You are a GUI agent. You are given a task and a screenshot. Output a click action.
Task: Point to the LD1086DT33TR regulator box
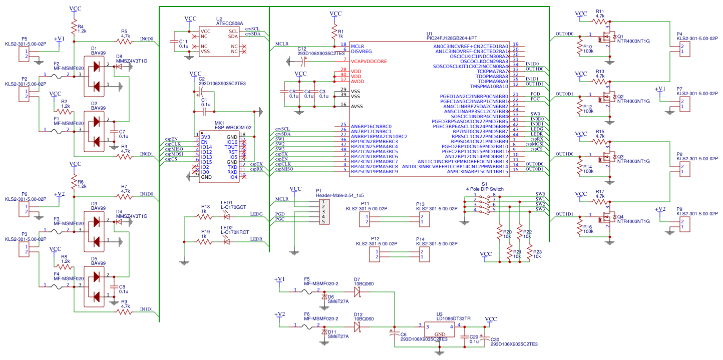tap(439, 329)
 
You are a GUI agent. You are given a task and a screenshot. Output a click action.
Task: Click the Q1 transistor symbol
tap(608, 38)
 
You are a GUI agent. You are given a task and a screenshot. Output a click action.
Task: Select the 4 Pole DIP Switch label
tap(485, 189)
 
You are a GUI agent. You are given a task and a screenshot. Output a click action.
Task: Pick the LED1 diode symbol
tap(226, 217)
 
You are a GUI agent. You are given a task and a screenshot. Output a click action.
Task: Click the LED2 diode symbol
tap(226, 242)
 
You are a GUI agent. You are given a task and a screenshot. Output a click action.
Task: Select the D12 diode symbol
tap(357, 326)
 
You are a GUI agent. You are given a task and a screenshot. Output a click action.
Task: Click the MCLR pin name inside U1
tap(357, 46)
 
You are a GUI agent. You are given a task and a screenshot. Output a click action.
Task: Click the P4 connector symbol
tap(684, 49)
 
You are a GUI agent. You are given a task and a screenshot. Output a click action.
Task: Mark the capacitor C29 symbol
tap(465, 336)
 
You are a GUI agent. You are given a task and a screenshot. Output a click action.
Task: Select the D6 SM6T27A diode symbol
tap(324, 296)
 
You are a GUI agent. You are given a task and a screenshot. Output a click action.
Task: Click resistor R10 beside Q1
tap(580, 47)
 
